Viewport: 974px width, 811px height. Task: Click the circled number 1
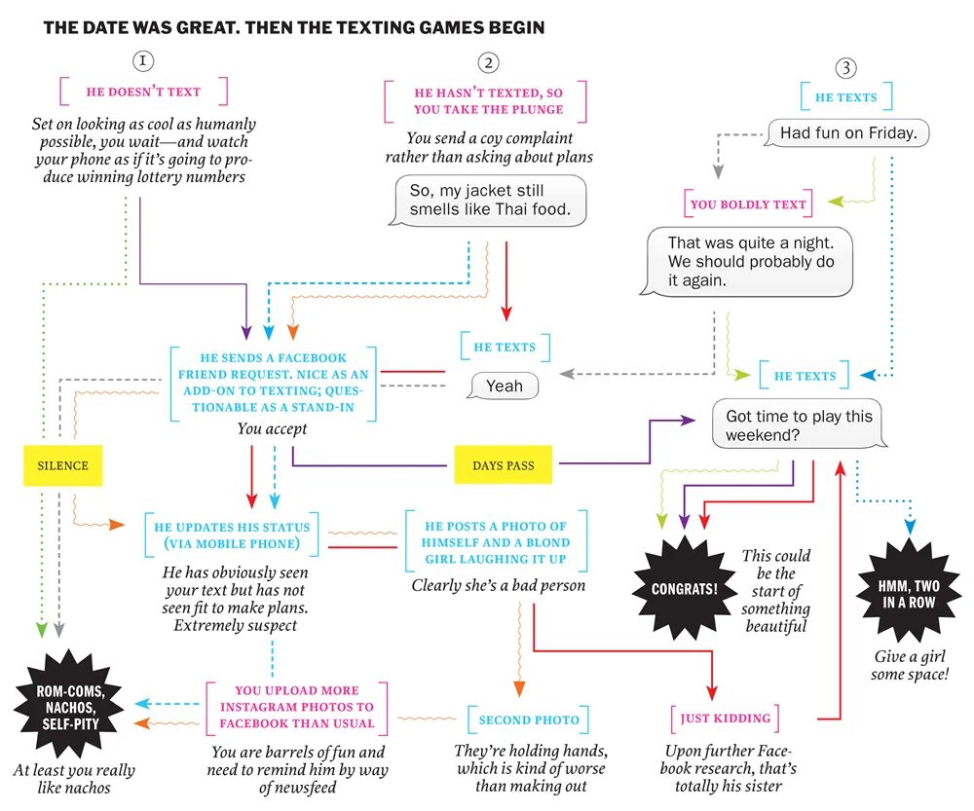click(143, 61)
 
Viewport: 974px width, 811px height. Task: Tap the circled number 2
click(488, 63)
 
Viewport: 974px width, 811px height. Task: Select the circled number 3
click(846, 68)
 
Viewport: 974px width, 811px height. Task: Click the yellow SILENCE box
click(63, 465)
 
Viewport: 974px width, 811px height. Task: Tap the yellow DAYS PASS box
click(504, 465)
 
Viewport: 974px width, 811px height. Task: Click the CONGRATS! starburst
click(685, 589)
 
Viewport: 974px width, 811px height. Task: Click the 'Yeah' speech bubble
click(503, 387)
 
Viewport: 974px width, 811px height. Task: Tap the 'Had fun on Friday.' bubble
click(847, 133)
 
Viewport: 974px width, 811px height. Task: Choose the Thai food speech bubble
click(491, 200)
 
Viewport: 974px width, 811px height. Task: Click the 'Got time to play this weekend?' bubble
click(797, 425)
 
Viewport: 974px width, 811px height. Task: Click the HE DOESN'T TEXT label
click(143, 92)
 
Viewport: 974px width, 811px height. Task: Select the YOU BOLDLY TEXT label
click(748, 204)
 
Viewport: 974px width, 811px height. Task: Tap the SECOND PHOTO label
click(529, 719)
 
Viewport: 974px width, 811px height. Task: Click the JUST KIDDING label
click(726, 719)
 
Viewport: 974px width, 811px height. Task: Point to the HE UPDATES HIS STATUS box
click(232, 535)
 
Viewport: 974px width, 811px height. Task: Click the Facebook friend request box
click(274, 383)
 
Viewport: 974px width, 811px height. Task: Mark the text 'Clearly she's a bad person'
click(499, 585)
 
